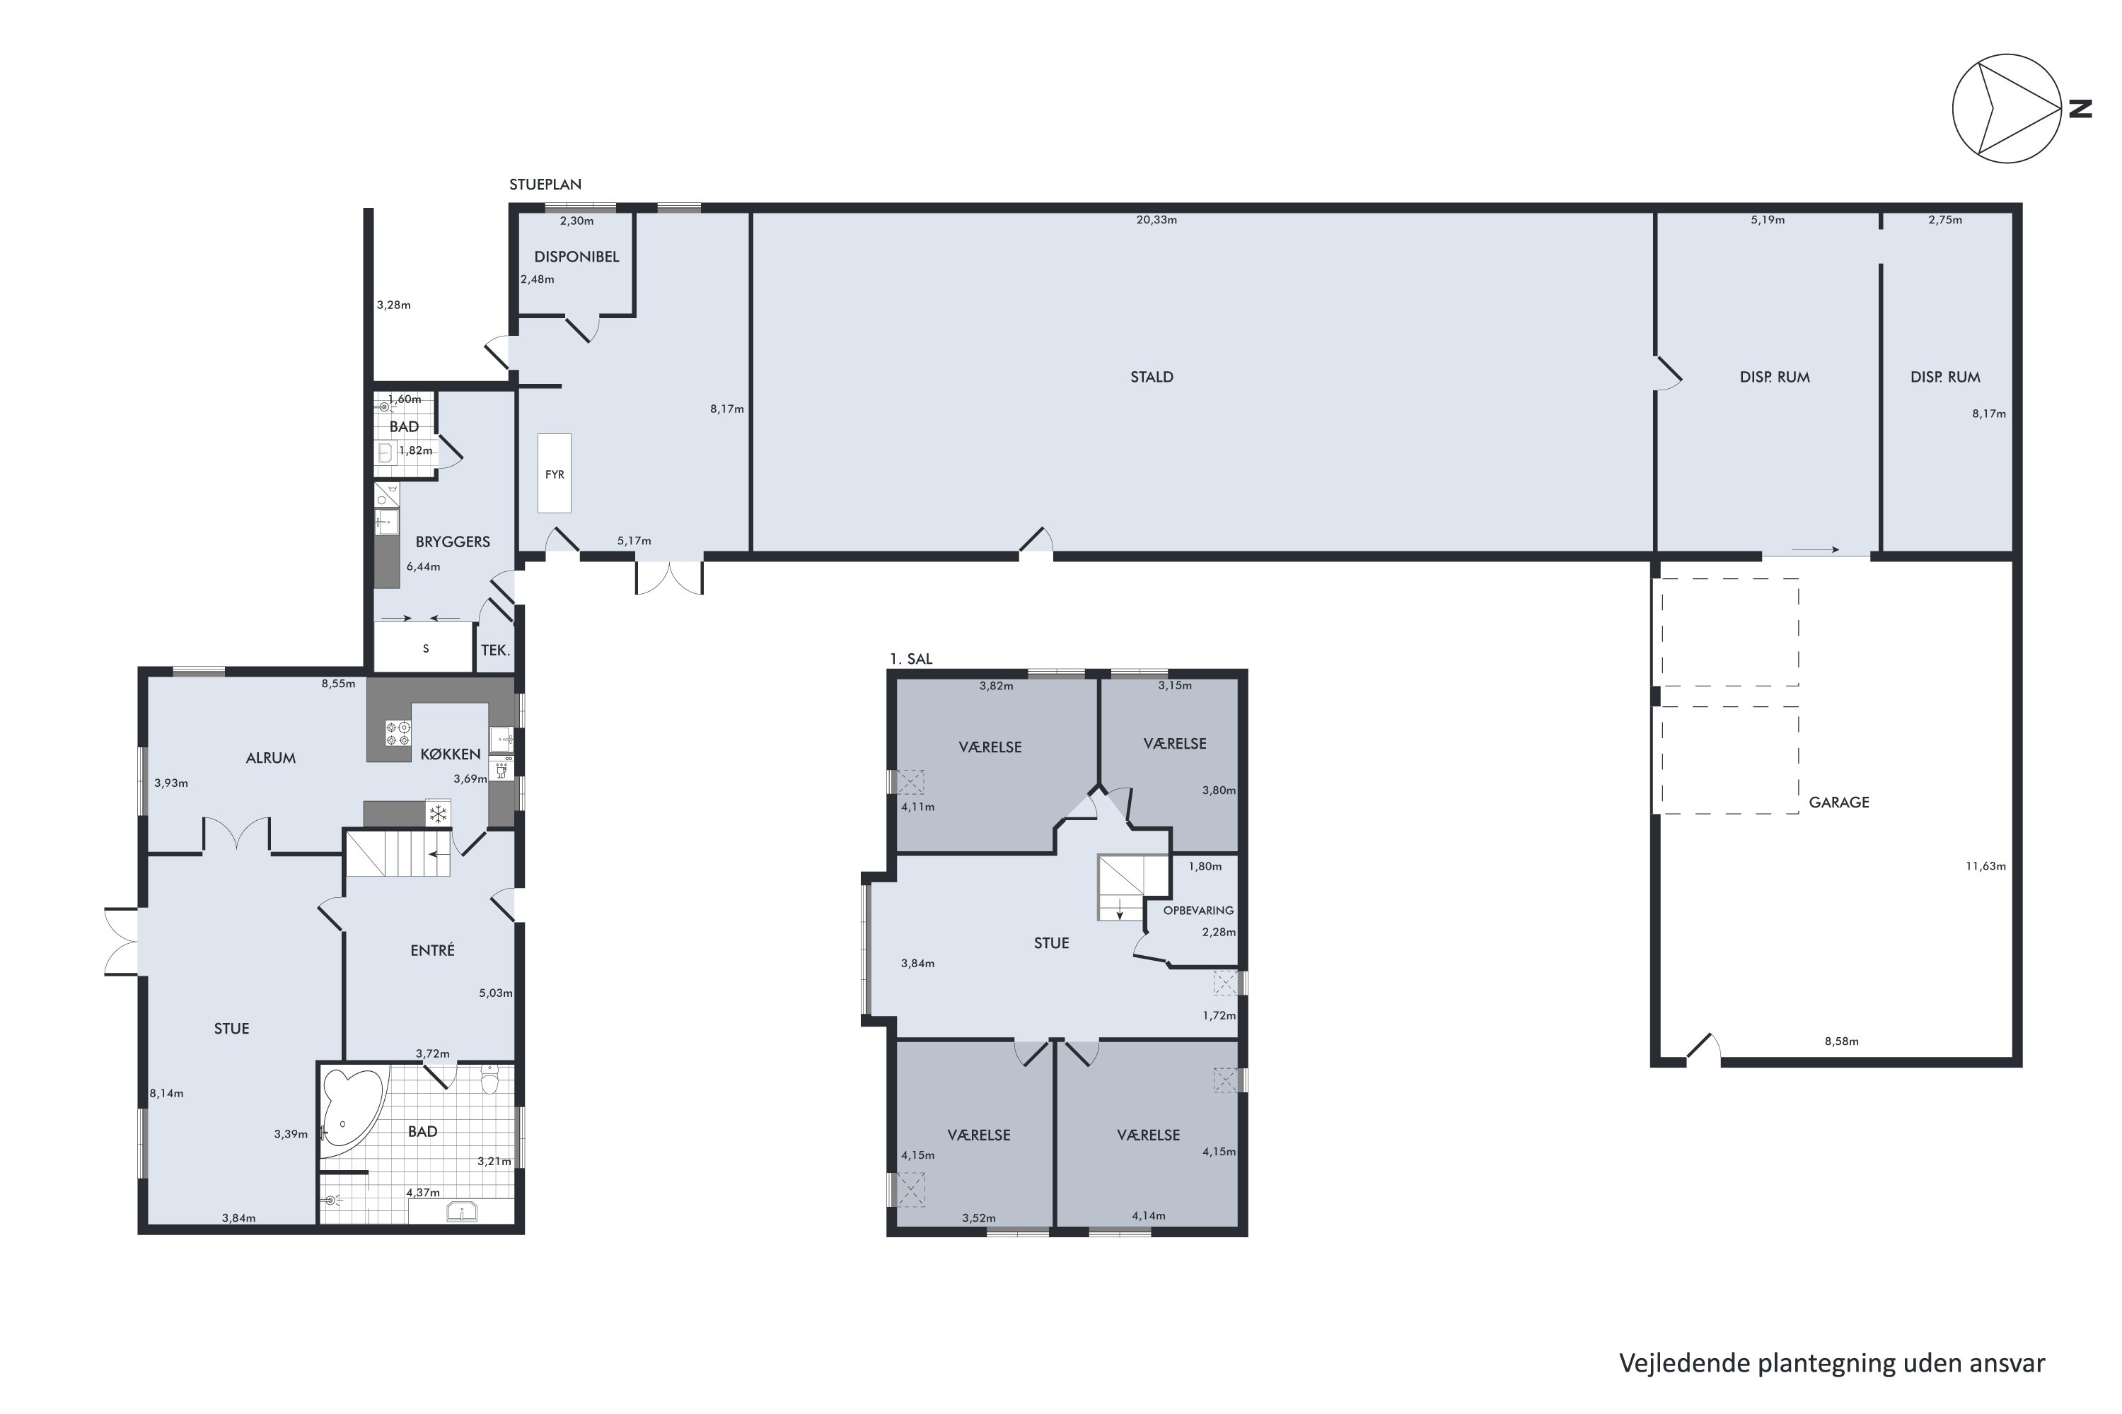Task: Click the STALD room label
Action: pyautogui.click(x=1152, y=377)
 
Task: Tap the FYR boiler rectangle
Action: pyautogui.click(x=554, y=474)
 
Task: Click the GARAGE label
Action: pyautogui.click(x=1838, y=802)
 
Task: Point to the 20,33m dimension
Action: pyautogui.click(x=1156, y=220)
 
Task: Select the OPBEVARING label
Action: pyautogui.click(x=1198, y=911)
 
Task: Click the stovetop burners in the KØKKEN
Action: pyautogui.click(x=398, y=733)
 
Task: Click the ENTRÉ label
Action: pyautogui.click(x=432, y=950)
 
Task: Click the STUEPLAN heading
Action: pyautogui.click(x=545, y=184)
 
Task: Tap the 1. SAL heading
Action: pyautogui.click(x=910, y=659)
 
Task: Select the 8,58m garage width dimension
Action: pyautogui.click(x=1841, y=1041)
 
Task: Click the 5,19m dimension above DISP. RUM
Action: pyautogui.click(x=1768, y=220)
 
